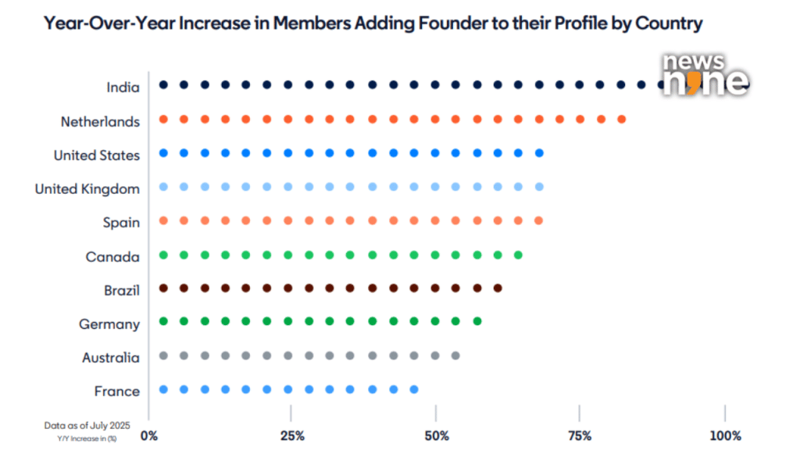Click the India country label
pos(123,87)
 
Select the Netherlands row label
pos(101,121)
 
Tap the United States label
pos(97,155)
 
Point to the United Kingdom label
pos(87,188)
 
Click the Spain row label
pos(121,223)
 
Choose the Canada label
pos(112,256)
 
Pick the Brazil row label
pos(122,291)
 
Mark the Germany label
pos(109,324)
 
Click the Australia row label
pos(111,358)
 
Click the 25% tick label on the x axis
pos(291,435)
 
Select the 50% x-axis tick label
pos(436,435)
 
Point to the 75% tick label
pos(579,435)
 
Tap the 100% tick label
pos(726,435)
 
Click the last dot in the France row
pos(414,389)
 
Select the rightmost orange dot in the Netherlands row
pos(621,120)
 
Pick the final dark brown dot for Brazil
pos(498,288)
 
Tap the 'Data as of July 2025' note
pos(85,425)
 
